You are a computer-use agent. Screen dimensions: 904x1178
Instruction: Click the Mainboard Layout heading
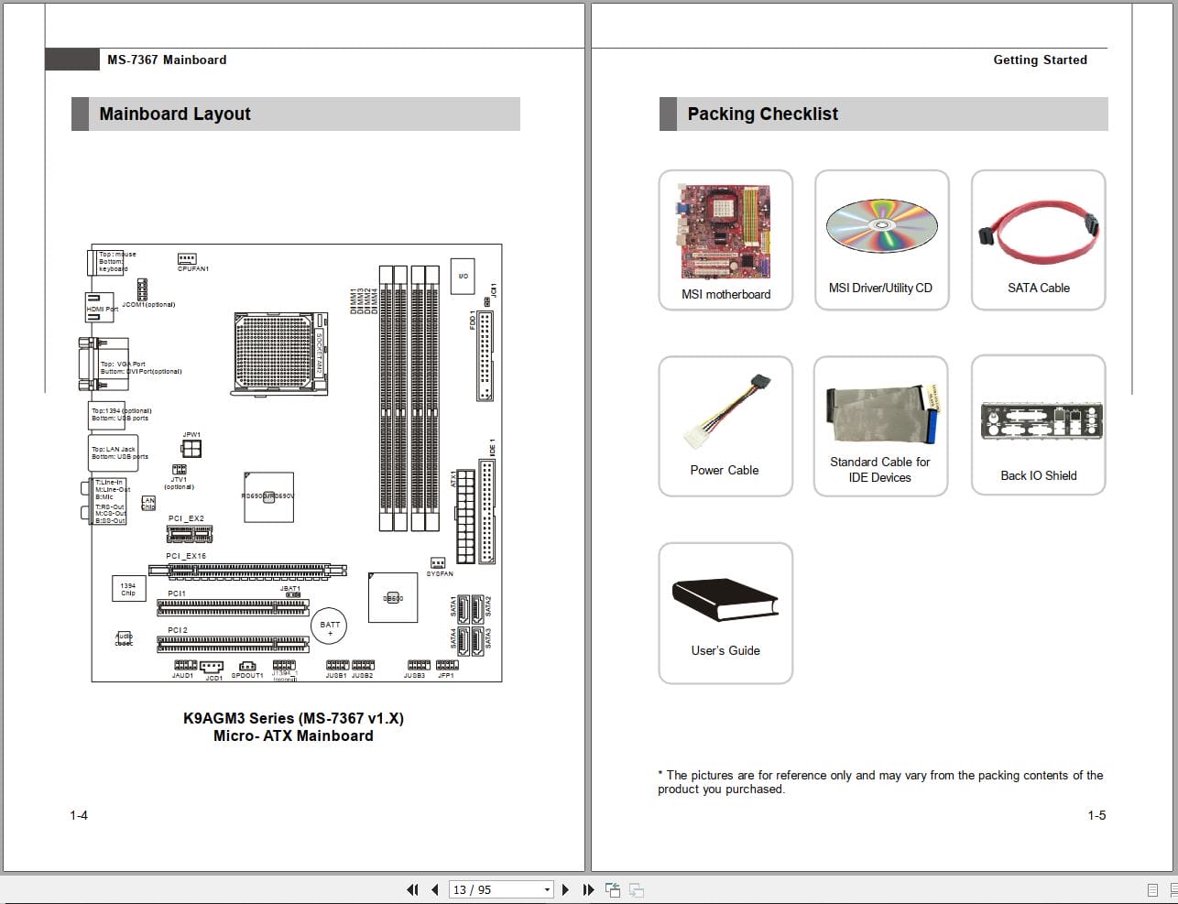[x=175, y=114]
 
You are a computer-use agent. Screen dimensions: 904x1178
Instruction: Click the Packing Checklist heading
[x=762, y=114]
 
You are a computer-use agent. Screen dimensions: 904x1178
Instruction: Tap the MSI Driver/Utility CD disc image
[x=881, y=225]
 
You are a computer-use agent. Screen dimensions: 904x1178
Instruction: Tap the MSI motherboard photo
[x=725, y=232]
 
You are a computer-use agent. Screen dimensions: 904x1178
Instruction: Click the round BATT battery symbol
[x=330, y=627]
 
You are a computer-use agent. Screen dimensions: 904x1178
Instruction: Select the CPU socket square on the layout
[x=278, y=353]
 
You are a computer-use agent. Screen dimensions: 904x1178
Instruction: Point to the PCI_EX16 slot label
[x=186, y=556]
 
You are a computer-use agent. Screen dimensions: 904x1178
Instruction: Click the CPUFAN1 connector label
[x=193, y=268]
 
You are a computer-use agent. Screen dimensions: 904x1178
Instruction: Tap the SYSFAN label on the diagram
[x=440, y=574]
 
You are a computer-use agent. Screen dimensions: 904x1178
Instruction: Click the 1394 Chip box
[x=127, y=589]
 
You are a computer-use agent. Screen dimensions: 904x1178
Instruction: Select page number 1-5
[x=1096, y=815]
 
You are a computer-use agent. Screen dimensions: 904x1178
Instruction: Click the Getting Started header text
[x=1040, y=60]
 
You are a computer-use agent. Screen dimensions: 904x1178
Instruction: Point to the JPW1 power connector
[x=191, y=448]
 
